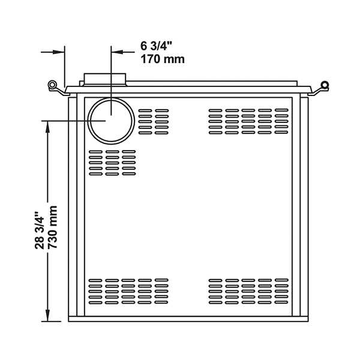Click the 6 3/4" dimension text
[x=156, y=46]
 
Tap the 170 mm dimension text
[x=163, y=59]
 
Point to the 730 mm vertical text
[x=52, y=227]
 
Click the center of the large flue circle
[x=111, y=121]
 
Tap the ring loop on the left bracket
[x=52, y=85]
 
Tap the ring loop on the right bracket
[x=325, y=85]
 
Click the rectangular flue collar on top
[x=105, y=79]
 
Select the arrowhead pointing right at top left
[x=59, y=52]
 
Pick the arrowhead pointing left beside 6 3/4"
[x=117, y=52]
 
